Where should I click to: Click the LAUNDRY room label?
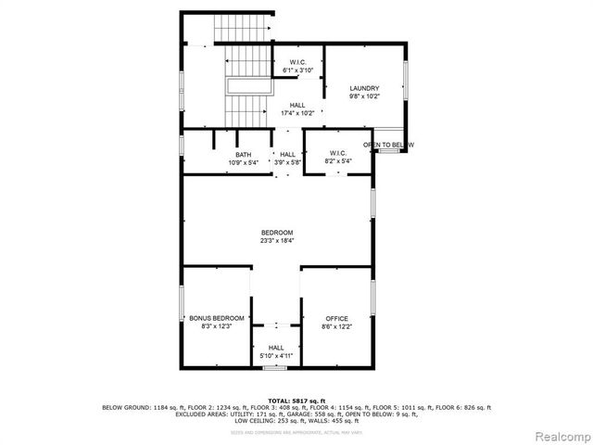pos(364,88)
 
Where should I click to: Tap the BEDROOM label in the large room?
pos(276,232)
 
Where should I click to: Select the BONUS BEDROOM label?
pos(216,318)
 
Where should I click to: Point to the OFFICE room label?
pos(336,318)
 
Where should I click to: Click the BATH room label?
pos(243,155)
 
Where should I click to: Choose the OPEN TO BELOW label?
pos(387,146)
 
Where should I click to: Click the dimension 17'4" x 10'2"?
pos(297,113)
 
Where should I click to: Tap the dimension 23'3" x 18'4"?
pos(276,240)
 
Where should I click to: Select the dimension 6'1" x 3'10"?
pos(297,70)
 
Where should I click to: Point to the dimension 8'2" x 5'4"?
pos(336,161)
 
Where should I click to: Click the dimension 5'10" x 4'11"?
pos(276,355)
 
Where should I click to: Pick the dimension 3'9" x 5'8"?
pos(287,162)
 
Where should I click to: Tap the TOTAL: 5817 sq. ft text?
pos(296,400)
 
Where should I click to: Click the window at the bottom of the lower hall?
pos(272,368)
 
